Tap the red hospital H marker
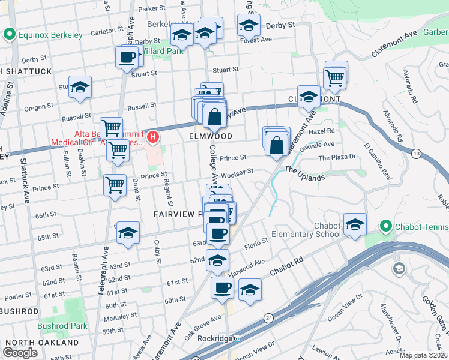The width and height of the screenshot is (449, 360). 153,137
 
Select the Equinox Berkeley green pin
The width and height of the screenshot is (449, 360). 9,35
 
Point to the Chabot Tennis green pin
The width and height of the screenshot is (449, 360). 385,227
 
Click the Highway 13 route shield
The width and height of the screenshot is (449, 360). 416,155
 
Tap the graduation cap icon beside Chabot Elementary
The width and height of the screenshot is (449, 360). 355,224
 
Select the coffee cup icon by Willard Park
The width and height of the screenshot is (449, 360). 127,57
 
